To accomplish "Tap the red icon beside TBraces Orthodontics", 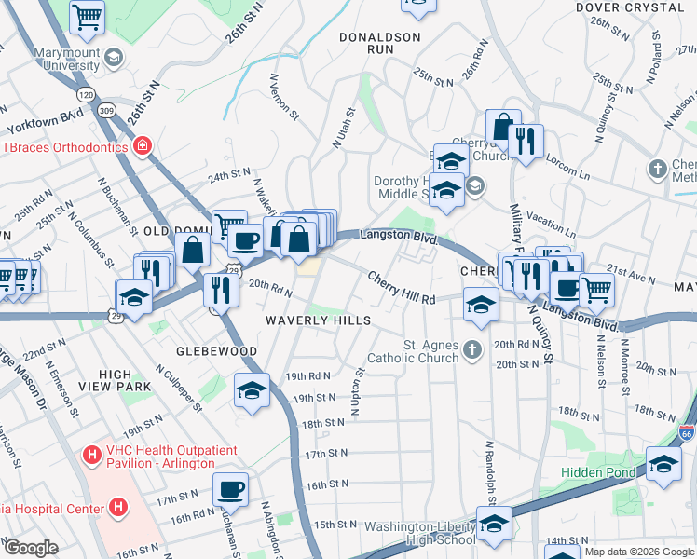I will (x=142, y=146).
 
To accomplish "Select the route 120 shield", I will (x=86, y=95).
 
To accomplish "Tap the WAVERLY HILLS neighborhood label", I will (x=318, y=320).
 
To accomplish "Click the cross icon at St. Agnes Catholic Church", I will (x=473, y=350).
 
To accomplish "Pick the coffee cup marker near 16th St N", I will (x=231, y=487).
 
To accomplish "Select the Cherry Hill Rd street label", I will (x=402, y=289).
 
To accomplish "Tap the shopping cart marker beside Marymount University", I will (x=87, y=15).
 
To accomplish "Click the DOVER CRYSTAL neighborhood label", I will (x=629, y=7).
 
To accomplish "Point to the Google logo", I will (x=30, y=548).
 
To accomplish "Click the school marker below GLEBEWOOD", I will (x=252, y=390).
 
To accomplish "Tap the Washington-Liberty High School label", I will (x=420, y=533).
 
